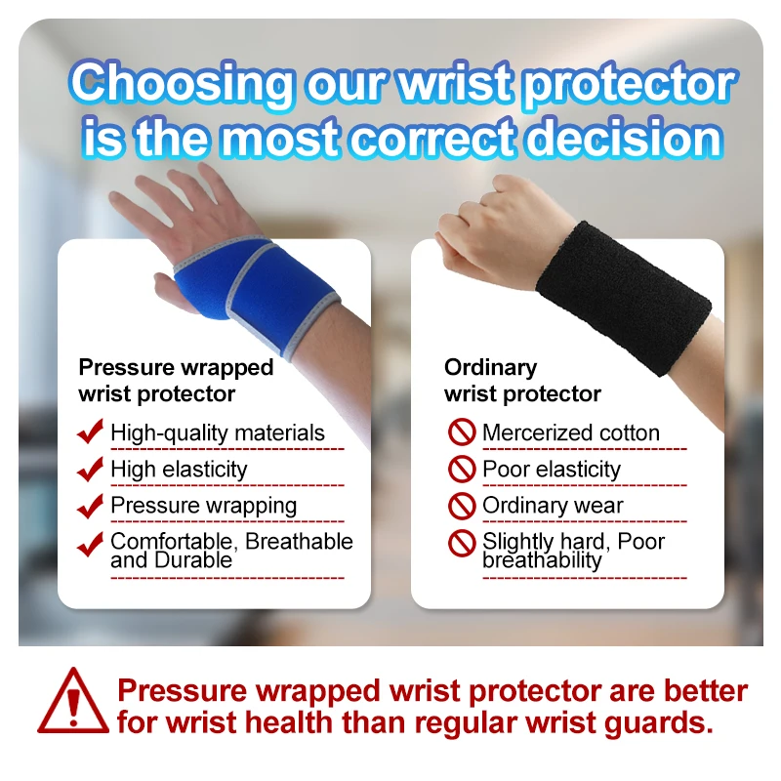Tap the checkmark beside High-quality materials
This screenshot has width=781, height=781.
90,431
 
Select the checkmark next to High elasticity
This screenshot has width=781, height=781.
90,469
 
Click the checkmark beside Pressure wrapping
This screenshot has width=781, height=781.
90,506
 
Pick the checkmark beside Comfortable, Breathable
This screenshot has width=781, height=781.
90,544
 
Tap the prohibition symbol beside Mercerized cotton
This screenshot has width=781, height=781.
462,432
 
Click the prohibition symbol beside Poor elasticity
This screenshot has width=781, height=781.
462,469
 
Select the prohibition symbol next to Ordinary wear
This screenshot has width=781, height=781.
462,506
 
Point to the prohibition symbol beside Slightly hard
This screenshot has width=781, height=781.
462,543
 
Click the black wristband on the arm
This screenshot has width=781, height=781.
624,298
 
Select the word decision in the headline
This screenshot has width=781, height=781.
624,138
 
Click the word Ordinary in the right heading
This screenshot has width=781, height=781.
491,368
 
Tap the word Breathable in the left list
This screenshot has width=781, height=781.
299,541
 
